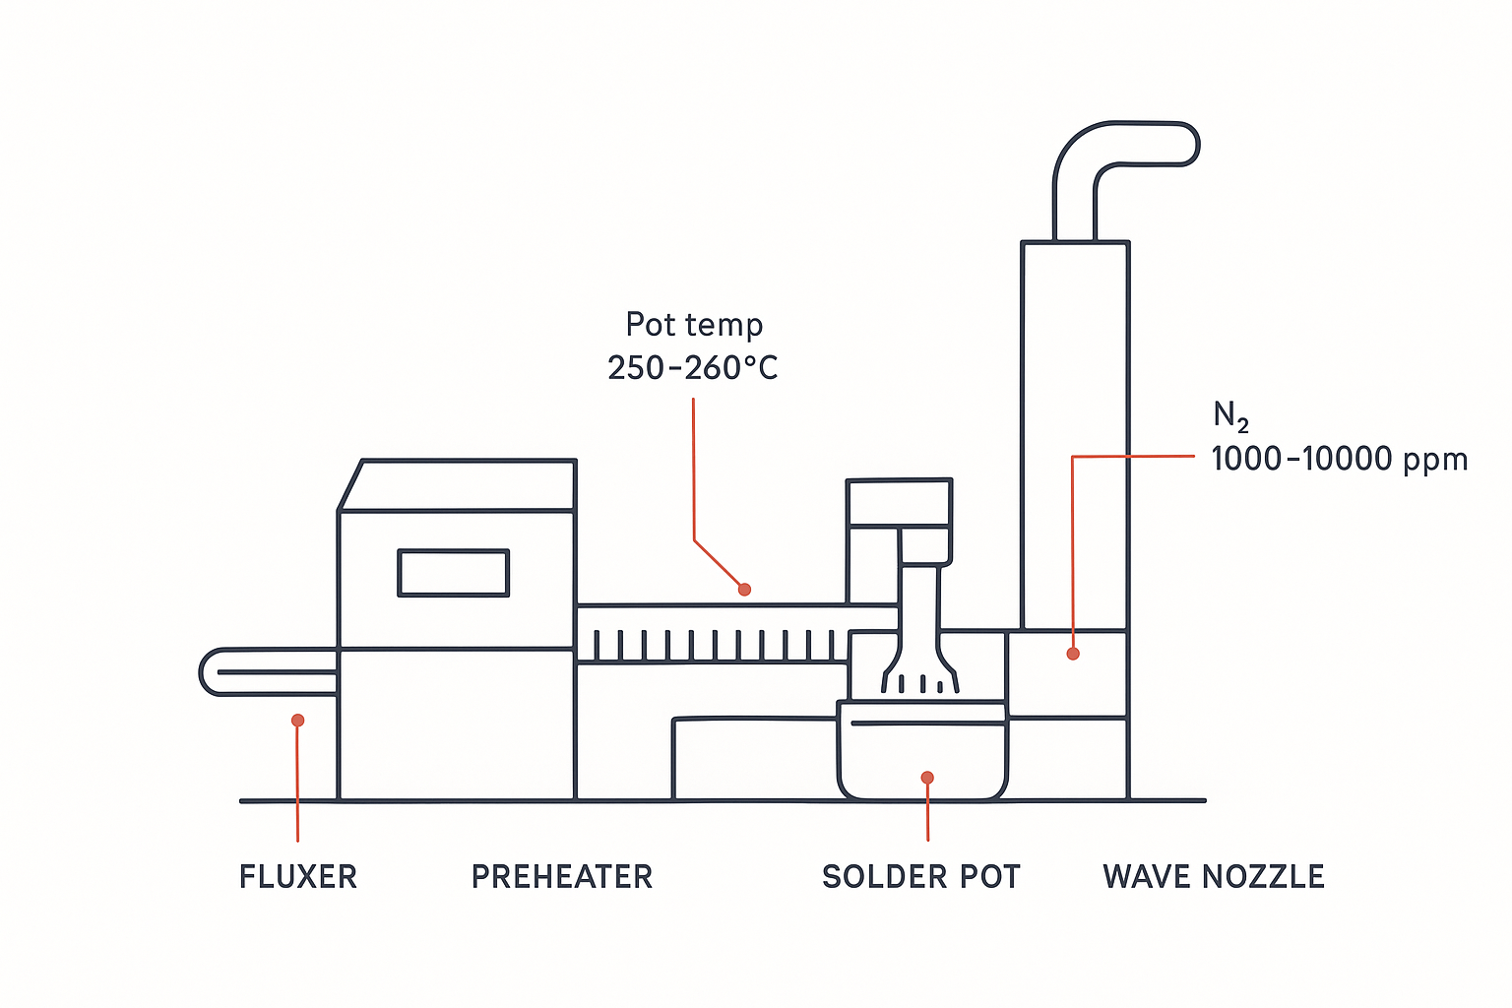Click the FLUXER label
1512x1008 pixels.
click(x=298, y=876)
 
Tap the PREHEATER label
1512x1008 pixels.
click(x=562, y=876)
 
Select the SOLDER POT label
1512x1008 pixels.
click(x=921, y=876)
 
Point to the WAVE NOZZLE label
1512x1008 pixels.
click(x=1214, y=876)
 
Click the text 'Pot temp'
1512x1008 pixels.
click(x=694, y=324)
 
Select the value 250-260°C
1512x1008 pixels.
click(x=692, y=368)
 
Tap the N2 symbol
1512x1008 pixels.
click(x=1230, y=416)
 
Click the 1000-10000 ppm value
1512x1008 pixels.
click(x=1339, y=459)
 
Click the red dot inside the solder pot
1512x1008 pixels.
click(x=927, y=778)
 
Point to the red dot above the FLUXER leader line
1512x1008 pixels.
click(x=298, y=721)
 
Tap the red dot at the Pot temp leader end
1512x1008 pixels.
click(x=745, y=590)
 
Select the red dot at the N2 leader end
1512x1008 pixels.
click(x=1073, y=654)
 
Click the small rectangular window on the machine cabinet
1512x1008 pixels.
click(x=453, y=573)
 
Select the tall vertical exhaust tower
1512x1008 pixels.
click(x=1075, y=433)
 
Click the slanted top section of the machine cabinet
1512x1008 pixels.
click(x=458, y=485)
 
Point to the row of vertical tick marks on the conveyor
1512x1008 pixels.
click(x=714, y=645)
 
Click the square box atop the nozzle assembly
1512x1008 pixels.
click(x=899, y=503)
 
